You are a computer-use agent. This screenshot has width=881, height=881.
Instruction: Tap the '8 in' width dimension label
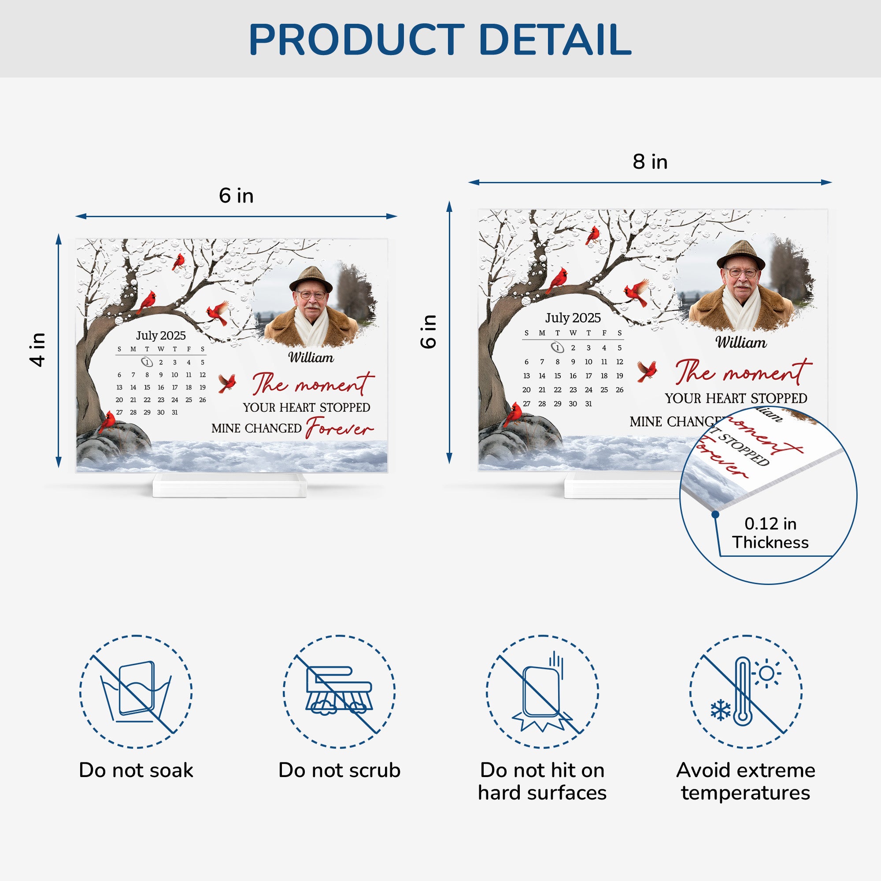pos(650,162)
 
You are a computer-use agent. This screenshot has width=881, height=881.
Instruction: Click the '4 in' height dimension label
pos(38,350)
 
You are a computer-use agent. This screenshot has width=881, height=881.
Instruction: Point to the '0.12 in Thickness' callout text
pos(770,533)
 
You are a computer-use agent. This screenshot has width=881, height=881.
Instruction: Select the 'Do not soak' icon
pos(136,691)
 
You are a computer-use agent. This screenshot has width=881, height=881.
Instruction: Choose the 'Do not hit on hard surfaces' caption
pos(542,781)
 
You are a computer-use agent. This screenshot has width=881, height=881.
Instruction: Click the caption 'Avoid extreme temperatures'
pos(746,781)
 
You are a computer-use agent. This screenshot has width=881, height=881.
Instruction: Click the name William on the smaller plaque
pos(311,358)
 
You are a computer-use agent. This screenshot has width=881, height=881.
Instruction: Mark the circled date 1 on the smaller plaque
pos(146,362)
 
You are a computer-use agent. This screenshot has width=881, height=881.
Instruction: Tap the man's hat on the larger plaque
pos(740,255)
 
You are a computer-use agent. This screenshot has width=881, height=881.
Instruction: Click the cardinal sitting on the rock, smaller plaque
pos(107,422)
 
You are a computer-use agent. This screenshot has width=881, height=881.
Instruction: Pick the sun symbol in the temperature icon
pos(766,673)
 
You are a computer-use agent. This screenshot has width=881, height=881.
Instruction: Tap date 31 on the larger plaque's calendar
pos(589,403)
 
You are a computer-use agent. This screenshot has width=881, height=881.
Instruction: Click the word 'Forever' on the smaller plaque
pos(340,428)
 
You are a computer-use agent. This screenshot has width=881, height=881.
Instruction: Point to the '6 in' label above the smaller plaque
pos(236,196)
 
